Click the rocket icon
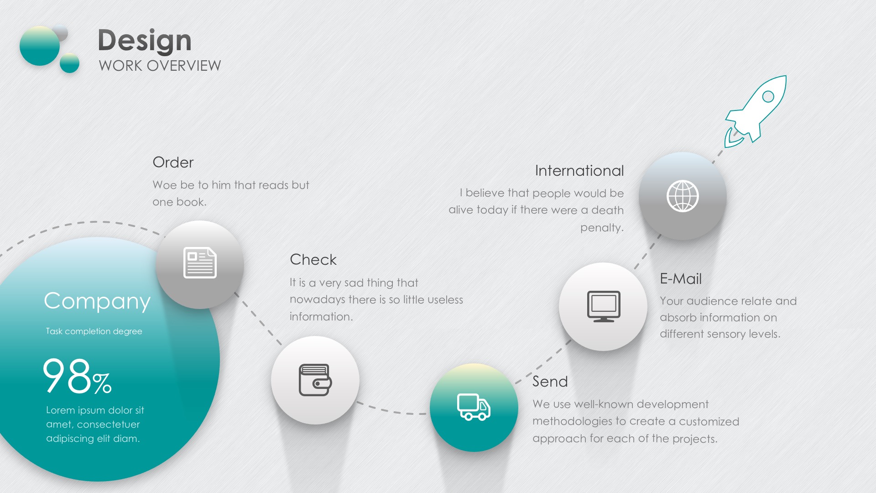pos(755,111)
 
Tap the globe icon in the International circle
pos(683,196)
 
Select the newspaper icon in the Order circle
pos(200,262)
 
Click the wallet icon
pos(315,380)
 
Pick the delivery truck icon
pos(474,407)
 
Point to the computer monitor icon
pos(604,306)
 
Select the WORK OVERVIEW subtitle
pos(160,66)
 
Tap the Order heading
pos(173,162)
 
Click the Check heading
pos(313,259)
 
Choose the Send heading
pos(550,381)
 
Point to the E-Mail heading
pos(681,278)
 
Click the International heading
pos(579,170)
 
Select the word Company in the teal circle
pos(97,302)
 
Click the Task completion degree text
pos(94,331)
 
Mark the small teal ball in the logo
pos(69,63)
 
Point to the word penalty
pos(602,228)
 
